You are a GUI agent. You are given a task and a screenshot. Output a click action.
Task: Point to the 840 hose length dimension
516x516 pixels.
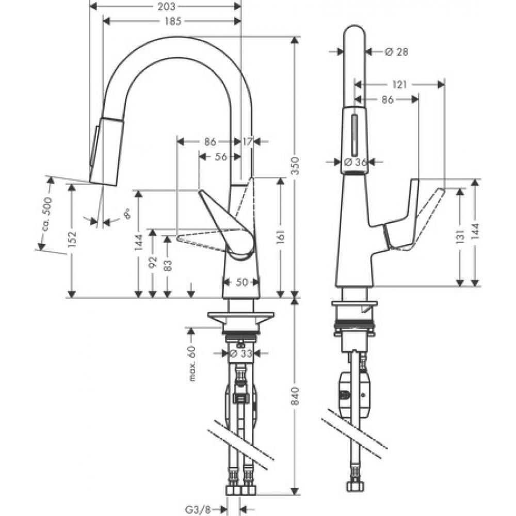click(x=295, y=395)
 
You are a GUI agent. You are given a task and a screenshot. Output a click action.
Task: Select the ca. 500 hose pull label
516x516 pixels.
click(x=46, y=214)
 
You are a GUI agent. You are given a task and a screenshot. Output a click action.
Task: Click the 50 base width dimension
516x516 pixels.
click(x=241, y=282)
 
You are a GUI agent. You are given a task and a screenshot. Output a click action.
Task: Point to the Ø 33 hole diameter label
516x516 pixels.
click(x=240, y=353)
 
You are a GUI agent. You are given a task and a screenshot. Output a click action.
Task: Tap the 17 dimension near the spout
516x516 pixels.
click(x=248, y=141)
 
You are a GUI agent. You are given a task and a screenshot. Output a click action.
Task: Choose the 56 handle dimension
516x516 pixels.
click(x=221, y=157)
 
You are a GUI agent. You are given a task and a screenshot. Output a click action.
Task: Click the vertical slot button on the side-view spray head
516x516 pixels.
click(x=354, y=132)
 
